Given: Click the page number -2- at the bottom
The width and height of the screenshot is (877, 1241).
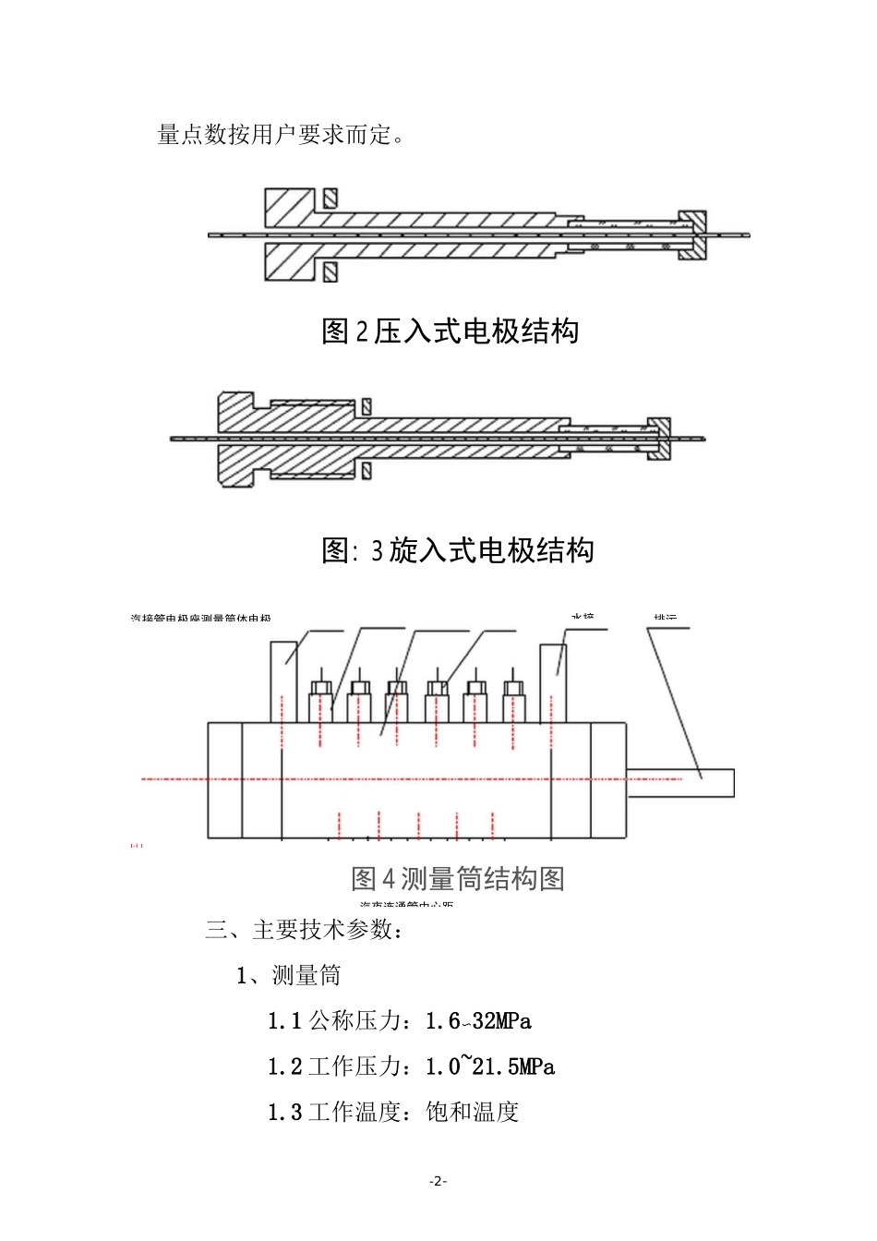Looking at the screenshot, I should [438, 1181].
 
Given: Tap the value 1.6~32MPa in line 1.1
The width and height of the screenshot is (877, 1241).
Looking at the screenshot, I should [478, 1021].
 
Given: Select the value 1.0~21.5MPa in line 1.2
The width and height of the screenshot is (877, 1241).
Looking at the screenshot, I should [490, 1067].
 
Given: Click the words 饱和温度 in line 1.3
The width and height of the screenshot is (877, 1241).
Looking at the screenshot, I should [473, 1113].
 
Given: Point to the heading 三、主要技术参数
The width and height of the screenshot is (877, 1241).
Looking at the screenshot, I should [305, 930].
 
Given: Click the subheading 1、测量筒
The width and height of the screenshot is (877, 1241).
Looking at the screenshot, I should [289, 976].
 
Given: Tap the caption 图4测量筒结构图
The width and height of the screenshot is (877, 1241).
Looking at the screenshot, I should [458, 878].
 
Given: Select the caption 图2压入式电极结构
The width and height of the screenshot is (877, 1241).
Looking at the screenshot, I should [450, 331].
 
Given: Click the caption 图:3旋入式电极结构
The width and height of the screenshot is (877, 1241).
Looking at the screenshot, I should [458, 550].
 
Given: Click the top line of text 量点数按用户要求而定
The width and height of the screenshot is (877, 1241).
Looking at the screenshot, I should [281, 135].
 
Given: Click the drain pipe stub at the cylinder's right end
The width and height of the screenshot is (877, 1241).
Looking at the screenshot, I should [680, 782].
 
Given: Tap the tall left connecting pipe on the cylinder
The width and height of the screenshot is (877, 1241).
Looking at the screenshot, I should [284, 681].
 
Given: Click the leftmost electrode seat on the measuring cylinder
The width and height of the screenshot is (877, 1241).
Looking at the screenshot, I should [320, 701].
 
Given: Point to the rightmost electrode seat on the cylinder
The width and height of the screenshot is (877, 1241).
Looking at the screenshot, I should [514, 701].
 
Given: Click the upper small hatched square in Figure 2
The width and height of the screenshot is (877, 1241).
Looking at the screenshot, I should [330, 198].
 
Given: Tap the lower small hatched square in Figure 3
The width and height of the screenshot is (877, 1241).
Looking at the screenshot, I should [366, 471].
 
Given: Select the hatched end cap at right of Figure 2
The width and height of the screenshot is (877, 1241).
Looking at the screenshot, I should [692, 235].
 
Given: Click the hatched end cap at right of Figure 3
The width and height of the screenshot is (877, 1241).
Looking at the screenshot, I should [659, 438].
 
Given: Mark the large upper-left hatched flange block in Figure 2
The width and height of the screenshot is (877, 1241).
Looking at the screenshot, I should [289, 208].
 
